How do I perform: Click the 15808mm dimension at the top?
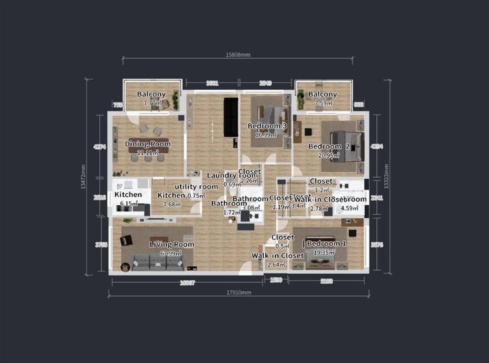pyautogui.click(x=238, y=54)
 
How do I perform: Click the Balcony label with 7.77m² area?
pyautogui.click(x=151, y=94)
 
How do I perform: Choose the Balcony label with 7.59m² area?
pyautogui.click(x=322, y=94)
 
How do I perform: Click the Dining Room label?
pyautogui.click(x=148, y=144)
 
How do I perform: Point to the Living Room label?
pyautogui.click(x=172, y=244)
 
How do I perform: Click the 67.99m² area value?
pyautogui.click(x=171, y=253)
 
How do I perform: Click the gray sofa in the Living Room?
pyautogui.click(x=157, y=262)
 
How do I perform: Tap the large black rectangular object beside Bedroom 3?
pyautogui.click(x=231, y=117)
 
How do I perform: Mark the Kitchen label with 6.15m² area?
pyautogui.click(x=128, y=195)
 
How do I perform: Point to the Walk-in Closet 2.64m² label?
pyautogui.click(x=278, y=256)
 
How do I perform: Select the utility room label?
pyautogui.click(x=196, y=187)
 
